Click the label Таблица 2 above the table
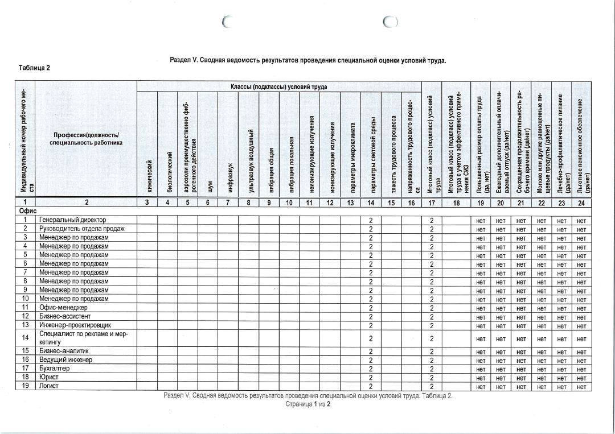(x=35, y=68)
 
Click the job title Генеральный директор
(x=72, y=220)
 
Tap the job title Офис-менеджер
(x=63, y=307)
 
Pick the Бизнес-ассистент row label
(x=65, y=316)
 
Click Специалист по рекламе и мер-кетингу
(x=83, y=338)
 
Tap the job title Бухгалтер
(x=55, y=369)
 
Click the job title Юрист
(x=49, y=377)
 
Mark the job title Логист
(x=50, y=386)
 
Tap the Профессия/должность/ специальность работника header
(x=86, y=139)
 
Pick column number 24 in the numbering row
(x=581, y=202)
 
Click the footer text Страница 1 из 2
(x=308, y=404)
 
